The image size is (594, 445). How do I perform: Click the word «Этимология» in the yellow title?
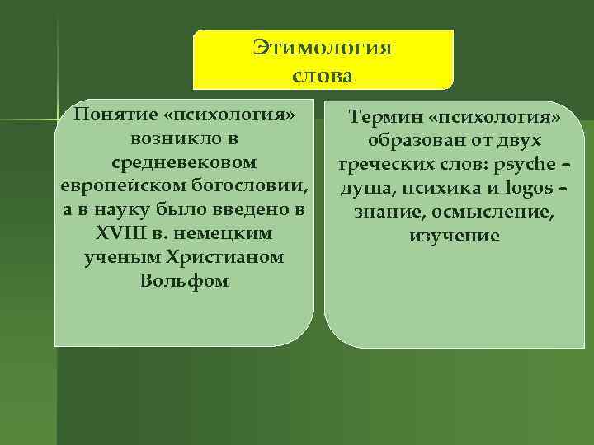click(x=323, y=48)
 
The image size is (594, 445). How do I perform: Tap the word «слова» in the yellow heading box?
click(x=323, y=77)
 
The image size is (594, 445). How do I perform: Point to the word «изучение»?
click(x=454, y=237)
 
